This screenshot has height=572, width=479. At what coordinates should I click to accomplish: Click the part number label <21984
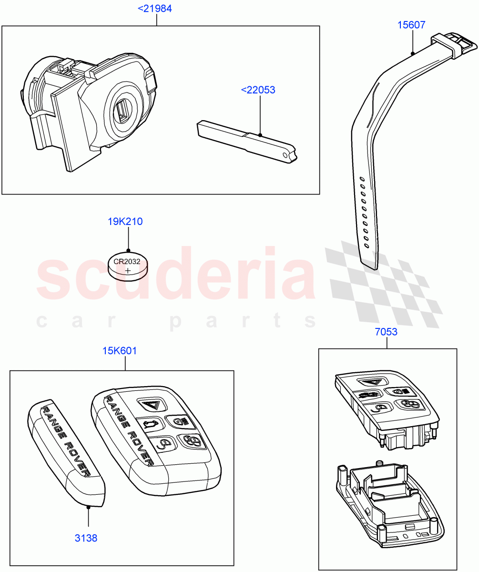pos(155,9)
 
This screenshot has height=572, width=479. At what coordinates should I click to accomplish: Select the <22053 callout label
pos(258,90)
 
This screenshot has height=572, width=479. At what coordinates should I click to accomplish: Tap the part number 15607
pos(411,25)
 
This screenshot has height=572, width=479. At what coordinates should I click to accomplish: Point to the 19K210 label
pos(125,221)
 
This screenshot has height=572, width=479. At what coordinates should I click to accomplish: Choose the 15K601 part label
pos(120,351)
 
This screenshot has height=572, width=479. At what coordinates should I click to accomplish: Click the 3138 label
pos(86,538)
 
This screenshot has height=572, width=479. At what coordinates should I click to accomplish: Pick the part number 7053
pos(386,332)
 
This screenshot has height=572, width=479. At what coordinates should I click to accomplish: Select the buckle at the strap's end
pos(455,46)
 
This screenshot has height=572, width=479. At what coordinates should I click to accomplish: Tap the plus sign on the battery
pos(128,271)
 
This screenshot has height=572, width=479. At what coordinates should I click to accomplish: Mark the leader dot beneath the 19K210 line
pos(128,250)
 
